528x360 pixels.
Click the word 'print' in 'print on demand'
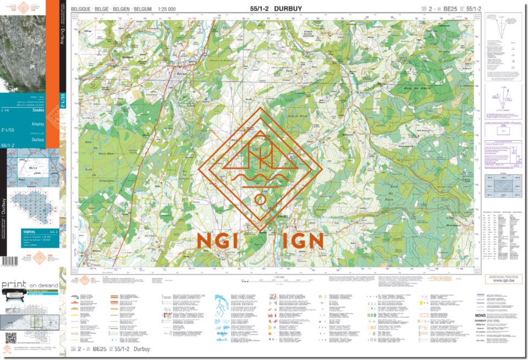(x=15, y=285)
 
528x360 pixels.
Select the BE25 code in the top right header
(x=450, y=9)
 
